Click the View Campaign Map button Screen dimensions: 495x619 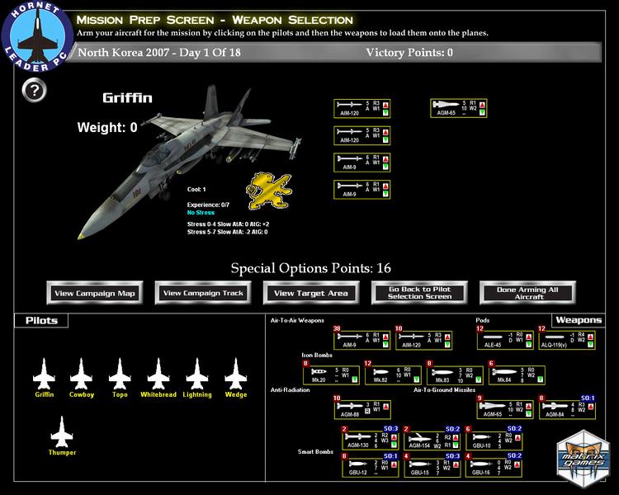96,293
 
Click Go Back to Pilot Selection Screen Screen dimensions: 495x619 420,293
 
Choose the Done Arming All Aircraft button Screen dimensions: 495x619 527,293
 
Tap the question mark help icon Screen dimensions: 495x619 32,91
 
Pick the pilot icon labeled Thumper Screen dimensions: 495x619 62,433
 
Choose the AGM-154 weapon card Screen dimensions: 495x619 432,439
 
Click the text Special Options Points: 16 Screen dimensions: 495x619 310,268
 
